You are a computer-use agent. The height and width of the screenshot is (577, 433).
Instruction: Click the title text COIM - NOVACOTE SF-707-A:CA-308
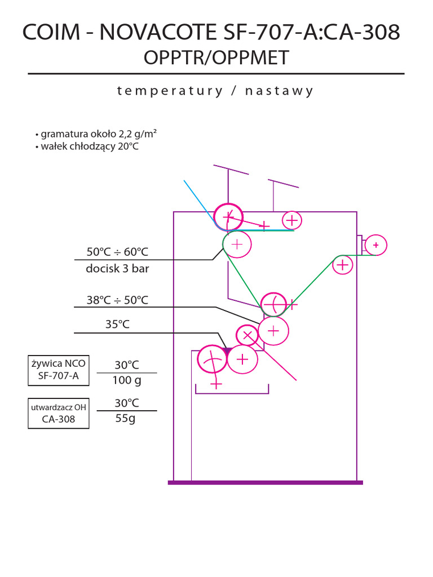[x=211, y=32]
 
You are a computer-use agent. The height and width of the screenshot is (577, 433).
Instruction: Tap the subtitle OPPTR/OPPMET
[x=216, y=58]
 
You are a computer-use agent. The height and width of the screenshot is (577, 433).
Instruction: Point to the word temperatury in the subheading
[x=170, y=91]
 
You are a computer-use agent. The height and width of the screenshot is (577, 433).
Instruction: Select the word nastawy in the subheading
[x=279, y=91]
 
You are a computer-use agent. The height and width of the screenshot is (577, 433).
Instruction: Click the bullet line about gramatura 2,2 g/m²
[x=96, y=134]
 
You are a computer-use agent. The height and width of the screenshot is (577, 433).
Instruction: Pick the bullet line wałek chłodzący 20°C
[x=87, y=147]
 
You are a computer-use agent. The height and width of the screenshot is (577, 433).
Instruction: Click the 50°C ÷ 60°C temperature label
[x=117, y=252]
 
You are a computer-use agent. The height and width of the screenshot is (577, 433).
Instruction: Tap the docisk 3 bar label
[x=117, y=269]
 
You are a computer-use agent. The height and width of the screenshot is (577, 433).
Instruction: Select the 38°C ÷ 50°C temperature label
[x=117, y=300]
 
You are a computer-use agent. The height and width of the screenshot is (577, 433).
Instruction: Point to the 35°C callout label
[x=117, y=324]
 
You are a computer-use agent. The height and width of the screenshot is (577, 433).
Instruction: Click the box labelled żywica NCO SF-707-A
[x=59, y=370]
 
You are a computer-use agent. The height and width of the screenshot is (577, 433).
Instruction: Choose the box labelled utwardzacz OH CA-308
[x=59, y=413]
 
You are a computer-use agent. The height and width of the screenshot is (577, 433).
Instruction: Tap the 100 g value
[x=127, y=380]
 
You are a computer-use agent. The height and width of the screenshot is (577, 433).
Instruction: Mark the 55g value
[x=126, y=419]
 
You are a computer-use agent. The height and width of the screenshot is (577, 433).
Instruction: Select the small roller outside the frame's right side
[x=376, y=245]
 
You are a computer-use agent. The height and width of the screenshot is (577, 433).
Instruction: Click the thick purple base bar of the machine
[x=266, y=482]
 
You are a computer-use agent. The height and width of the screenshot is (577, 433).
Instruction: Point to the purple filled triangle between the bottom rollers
[x=228, y=351]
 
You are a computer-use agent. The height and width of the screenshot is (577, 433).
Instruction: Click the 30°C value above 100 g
[x=127, y=365]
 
